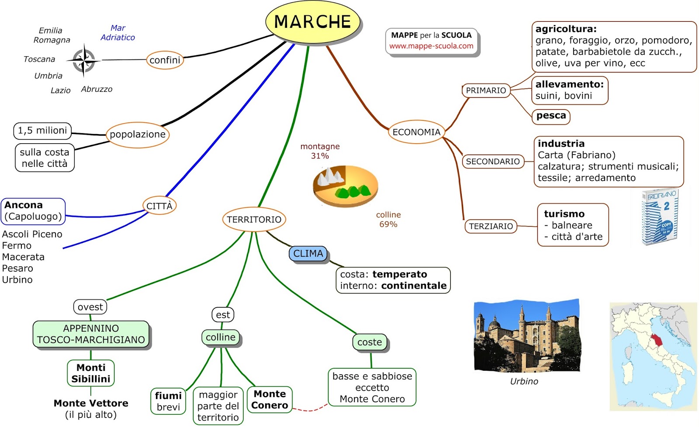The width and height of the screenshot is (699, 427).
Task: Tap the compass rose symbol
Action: click(x=83, y=60)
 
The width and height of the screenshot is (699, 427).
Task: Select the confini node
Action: click(x=165, y=60)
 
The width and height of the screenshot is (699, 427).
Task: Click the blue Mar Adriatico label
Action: click(x=118, y=33)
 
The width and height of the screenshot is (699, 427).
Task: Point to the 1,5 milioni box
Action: click(x=42, y=131)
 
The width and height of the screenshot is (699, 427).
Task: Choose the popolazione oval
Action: click(x=138, y=134)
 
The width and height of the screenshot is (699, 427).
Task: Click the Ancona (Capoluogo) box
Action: click(x=33, y=211)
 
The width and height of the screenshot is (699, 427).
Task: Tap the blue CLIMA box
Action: click(x=308, y=254)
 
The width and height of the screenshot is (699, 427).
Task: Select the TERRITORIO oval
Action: click(x=254, y=220)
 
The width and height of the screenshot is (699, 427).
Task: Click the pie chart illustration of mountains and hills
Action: click(x=345, y=186)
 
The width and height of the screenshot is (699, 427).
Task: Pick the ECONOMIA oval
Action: click(x=416, y=132)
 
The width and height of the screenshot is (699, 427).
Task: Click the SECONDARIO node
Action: click(x=493, y=162)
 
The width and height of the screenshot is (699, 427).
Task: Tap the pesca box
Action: click(x=551, y=116)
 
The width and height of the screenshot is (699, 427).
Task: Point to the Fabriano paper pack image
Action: click(x=660, y=216)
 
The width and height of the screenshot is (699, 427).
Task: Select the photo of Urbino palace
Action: click(x=527, y=336)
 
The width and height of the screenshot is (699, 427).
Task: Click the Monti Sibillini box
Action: click(x=91, y=373)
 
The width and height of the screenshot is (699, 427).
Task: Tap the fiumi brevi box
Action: click(x=168, y=401)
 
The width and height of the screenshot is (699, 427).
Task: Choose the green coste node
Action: click(x=370, y=342)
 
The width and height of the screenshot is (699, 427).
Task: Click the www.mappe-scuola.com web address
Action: click(x=431, y=46)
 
